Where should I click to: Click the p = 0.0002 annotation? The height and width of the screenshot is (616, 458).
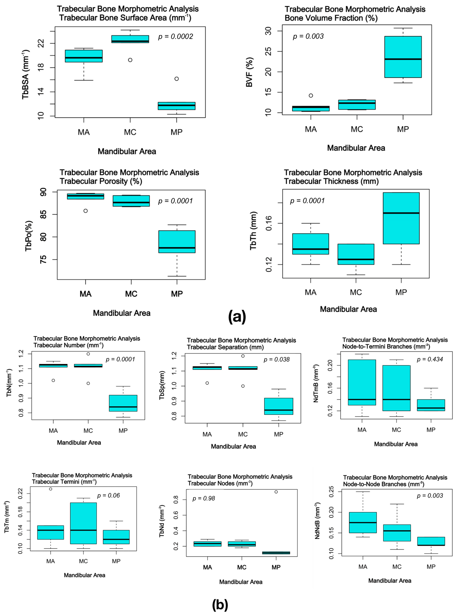(x=175, y=37)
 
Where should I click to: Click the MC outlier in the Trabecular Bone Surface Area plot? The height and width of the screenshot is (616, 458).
(x=130, y=60)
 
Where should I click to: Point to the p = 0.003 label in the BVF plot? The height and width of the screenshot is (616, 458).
(x=308, y=36)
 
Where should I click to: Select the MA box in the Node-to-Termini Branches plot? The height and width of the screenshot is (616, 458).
(x=362, y=382)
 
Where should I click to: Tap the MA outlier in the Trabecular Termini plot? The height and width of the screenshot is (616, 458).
(x=50, y=489)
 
